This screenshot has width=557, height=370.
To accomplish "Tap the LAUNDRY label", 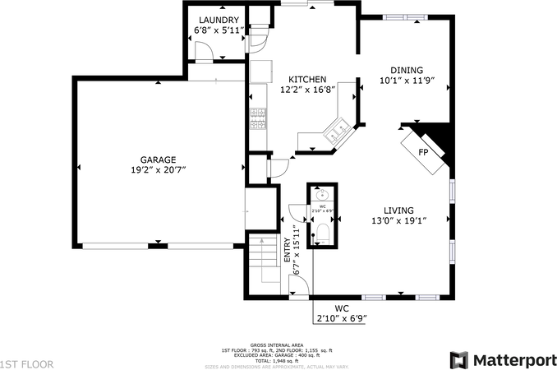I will pyautogui.click(x=217, y=21).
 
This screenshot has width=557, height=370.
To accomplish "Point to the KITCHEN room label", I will pyautogui.click(x=302, y=79).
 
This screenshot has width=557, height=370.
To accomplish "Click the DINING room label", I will pyautogui.click(x=406, y=71).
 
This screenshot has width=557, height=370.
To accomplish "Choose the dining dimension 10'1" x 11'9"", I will pyautogui.click(x=406, y=81).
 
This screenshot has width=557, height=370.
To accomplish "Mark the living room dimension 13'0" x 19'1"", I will pyautogui.click(x=398, y=221).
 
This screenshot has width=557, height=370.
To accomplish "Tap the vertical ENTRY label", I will pyautogui.click(x=288, y=248).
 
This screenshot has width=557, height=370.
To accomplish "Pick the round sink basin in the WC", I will pyautogui.click(x=321, y=195).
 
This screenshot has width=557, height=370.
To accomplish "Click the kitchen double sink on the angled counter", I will pyautogui.click(x=337, y=130).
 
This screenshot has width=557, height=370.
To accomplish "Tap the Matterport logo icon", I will pyautogui.click(x=458, y=360).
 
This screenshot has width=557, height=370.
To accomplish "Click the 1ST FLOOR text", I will pyautogui.click(x=27, y=363).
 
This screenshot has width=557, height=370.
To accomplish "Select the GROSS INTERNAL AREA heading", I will pyautogui.click(x=277, y=345).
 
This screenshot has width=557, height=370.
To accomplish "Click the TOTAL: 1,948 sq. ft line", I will pyautogui.click(x=277, y=361).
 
